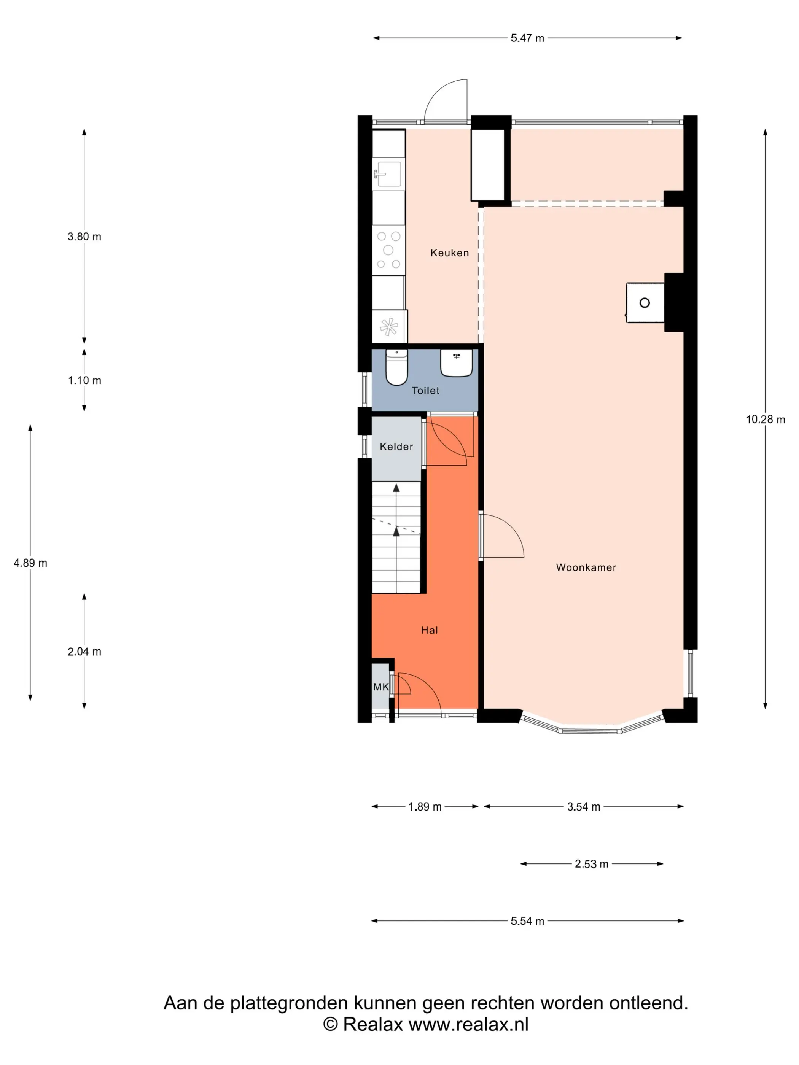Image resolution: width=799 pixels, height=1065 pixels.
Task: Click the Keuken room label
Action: [449, 253]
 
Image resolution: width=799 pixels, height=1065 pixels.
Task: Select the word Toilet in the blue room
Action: [425, 391]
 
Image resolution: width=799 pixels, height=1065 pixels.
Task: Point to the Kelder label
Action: [396, 446]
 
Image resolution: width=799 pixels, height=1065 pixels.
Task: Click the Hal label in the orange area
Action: [430, 630]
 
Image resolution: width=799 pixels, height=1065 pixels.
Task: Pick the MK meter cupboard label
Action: [380, 687]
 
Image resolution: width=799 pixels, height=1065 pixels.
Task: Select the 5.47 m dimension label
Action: [527, 38]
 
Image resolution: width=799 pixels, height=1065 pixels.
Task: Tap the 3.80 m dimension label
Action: [84, 237]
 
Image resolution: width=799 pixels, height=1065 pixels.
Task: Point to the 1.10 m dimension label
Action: [84, 380]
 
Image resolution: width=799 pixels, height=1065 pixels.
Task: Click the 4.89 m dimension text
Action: [30, 563]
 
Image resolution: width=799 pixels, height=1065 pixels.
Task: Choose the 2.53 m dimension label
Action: [591, 864]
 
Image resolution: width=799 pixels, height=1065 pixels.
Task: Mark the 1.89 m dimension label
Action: [425, 806]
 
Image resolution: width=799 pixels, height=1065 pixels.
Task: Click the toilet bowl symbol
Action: [397, 368]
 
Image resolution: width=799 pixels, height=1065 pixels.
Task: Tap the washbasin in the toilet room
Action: [456, 362]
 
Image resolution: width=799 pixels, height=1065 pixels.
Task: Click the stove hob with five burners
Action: [388, 250]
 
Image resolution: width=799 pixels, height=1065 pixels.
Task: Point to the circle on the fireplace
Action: [645, 302]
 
